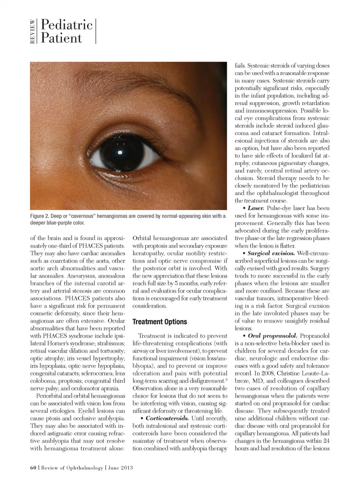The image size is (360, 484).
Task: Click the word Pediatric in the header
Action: [x=66, y=25]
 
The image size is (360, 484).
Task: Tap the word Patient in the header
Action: [x=61, y=38]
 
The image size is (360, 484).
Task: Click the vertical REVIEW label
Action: [x=33, y=32]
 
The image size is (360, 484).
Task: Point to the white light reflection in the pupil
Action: [x=120, y=152]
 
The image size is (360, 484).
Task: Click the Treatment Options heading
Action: [x=160, y=322]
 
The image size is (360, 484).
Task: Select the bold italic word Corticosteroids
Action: [x=167, y=418]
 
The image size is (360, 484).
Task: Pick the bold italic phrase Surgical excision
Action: [x=271, y=253]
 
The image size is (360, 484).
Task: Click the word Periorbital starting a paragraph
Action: [x=50, y=396]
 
